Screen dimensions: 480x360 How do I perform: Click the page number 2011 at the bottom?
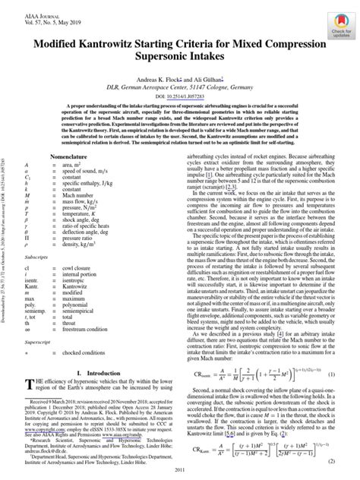180,474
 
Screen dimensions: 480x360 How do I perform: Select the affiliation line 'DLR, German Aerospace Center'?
179,89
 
